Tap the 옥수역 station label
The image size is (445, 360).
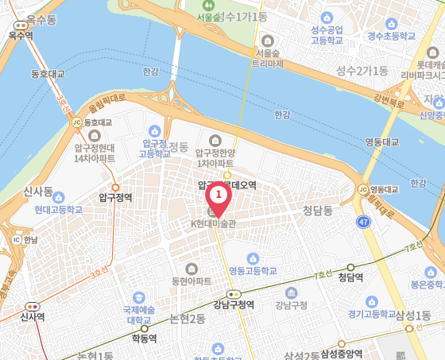point(20,35)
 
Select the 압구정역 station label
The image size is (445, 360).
point(115,197)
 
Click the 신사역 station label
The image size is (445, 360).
point(33,316)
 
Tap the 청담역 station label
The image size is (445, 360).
point(350,277)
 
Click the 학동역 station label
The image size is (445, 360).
point(145,337)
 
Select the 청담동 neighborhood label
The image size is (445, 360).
point(317,211)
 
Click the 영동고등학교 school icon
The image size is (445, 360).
point(253,258)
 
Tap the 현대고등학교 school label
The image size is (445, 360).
point(58,210)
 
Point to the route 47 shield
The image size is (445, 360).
point(363,222)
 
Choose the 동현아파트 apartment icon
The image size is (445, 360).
point(191,269)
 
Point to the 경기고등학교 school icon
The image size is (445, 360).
point(372,301)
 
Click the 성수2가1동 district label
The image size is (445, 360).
point(362,70)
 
